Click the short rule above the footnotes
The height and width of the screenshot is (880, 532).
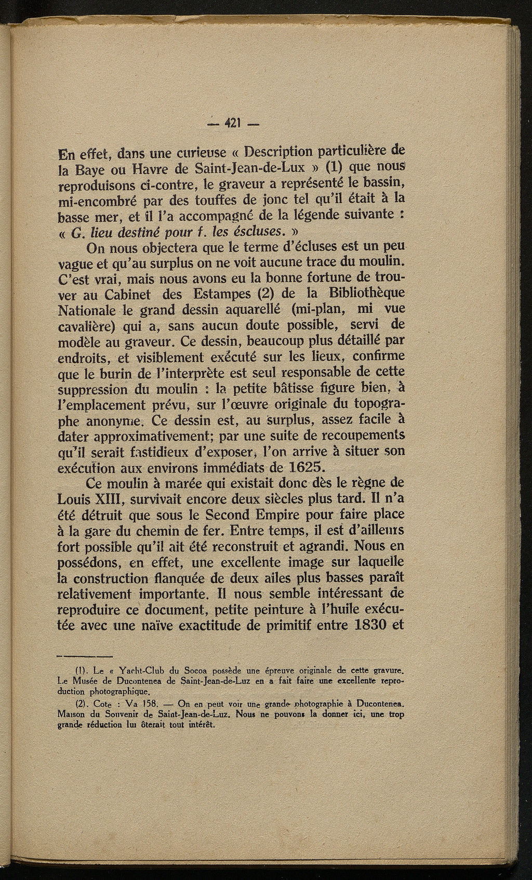coord(85,654)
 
